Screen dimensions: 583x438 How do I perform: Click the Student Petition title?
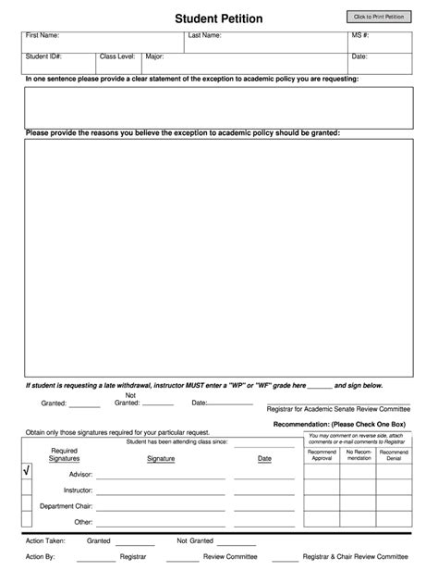[x=218, y=19]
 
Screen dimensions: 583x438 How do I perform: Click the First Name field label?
[x=43, y=35]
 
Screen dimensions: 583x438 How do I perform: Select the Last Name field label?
[x=204, y=35]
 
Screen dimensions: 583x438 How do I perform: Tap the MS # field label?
[x=360, y=35]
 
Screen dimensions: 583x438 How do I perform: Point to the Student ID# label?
[x=44, y=56]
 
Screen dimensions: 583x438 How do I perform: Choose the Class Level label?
[x=117, y=56]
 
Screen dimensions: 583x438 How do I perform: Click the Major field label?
[x=154, y=56]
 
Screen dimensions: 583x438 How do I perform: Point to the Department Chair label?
[x=66, y=506]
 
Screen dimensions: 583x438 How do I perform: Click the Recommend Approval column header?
[x=322, y=454]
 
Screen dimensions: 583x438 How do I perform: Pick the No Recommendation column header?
[x=359, y=454]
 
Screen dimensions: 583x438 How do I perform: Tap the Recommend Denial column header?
[x=395, y=454]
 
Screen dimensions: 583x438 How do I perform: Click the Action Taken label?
[x=46, y=540]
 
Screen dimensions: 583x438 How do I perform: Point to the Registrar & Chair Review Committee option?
[x=355, y=557]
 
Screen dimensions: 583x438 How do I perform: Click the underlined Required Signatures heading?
[x=64, y=454]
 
